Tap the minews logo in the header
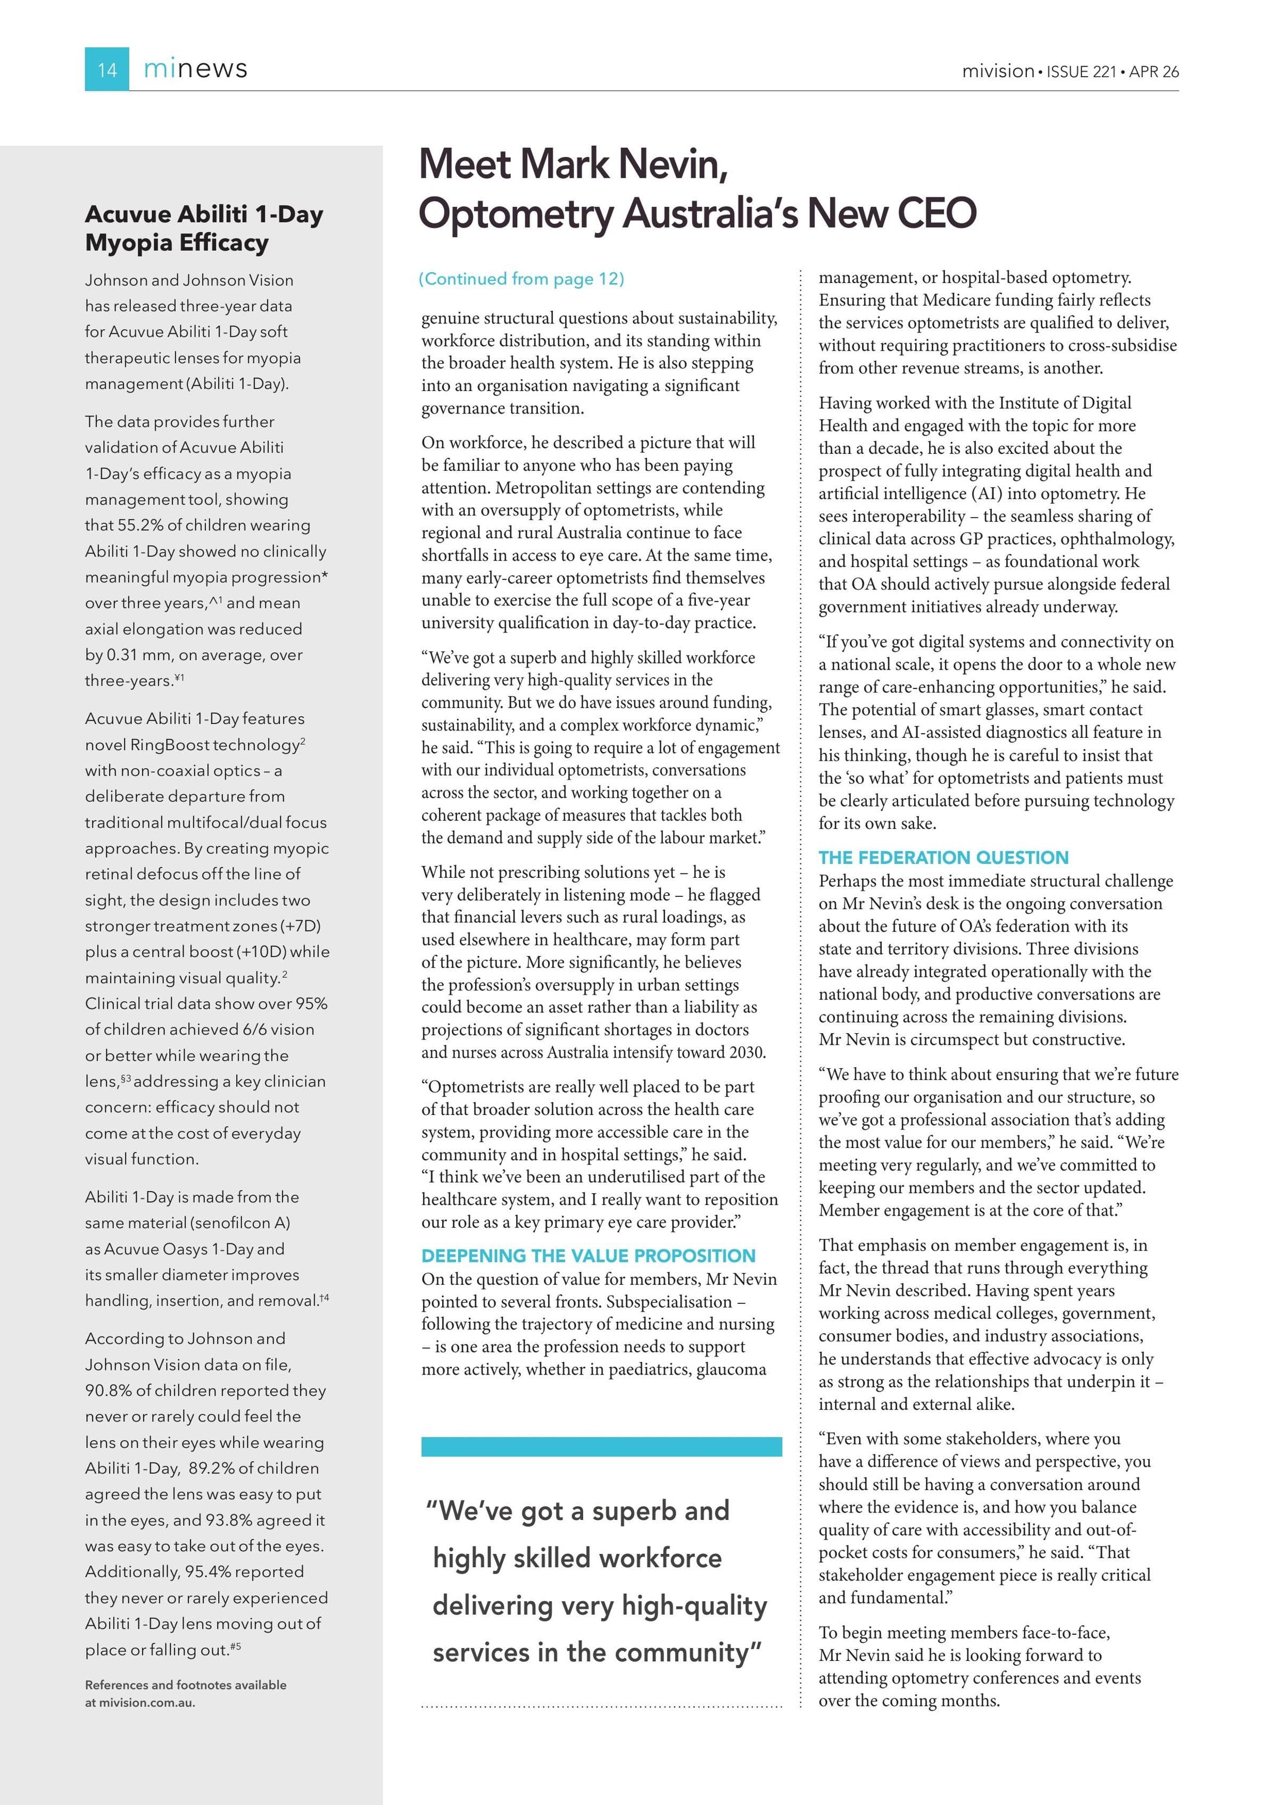coord(195,69)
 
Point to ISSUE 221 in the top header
coord(1081,71)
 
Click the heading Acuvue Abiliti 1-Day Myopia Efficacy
coord(204,228)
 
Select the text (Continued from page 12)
coord(521,279)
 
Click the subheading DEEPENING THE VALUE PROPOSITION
coord(588,1255)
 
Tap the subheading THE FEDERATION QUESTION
coord(943,858)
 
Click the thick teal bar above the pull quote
coord(602,1446)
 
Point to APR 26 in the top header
coord(1154,71)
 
